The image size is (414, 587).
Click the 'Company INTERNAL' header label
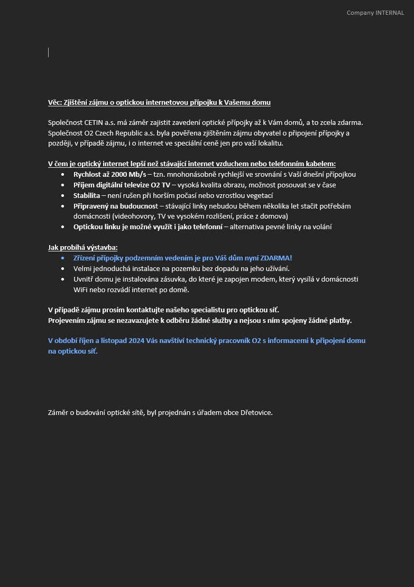point(375,13)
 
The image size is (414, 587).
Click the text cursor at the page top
point(48,52)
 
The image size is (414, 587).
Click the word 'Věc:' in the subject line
point(55,102)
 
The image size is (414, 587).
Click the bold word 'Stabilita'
point(87,195)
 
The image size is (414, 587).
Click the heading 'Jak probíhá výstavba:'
point(83,247)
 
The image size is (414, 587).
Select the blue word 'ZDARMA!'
point(275,258)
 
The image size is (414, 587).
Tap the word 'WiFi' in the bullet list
point(81,289)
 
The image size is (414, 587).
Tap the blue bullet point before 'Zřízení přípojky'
point(63,258)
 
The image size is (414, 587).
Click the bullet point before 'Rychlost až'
point(63,175)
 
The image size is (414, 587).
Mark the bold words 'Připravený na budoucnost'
point(116,206)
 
